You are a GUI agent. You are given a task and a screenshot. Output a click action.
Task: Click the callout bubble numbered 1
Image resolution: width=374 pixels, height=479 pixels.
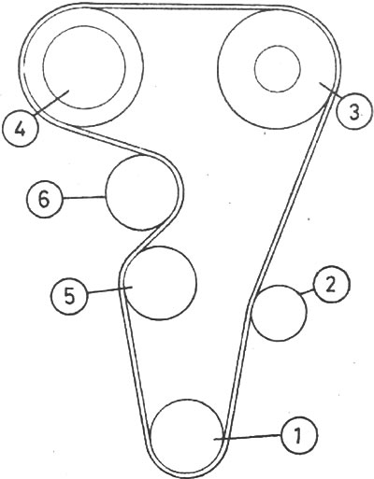click(299, 434)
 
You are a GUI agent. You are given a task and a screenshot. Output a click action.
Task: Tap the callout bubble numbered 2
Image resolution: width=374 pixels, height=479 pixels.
click(331, 284)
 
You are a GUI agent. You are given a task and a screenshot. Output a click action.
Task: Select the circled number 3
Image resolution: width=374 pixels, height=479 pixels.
click(354, 111)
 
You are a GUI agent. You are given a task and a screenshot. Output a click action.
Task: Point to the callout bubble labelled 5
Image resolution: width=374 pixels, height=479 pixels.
click(69, 295)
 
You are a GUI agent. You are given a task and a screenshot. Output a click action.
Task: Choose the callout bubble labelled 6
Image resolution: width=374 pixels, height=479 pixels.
click(44, 199)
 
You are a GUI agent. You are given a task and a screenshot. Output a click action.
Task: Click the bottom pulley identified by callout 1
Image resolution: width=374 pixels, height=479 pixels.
click(187, 435)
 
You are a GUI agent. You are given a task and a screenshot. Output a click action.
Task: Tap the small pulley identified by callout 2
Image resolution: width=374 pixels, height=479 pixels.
click(279, 313)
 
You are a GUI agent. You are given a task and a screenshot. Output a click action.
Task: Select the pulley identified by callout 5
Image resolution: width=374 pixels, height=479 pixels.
click(160, 282)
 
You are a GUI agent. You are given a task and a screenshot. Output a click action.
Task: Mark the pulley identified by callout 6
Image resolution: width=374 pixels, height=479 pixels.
click(142, 193)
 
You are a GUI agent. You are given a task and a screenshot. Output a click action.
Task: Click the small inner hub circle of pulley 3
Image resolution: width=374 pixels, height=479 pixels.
click(278, 69)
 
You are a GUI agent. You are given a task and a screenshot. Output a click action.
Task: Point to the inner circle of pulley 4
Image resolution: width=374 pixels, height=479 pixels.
click(84, 67)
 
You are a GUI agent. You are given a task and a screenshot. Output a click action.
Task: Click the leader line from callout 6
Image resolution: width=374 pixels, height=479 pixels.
click(84, 197)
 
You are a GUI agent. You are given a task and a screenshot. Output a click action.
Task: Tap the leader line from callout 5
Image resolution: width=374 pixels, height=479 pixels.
click(110, 289)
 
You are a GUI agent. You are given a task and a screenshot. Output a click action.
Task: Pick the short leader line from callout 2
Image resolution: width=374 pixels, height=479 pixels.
click(307, 291)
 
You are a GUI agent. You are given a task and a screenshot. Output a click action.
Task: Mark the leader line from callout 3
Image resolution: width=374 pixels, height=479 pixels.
click(330, 90)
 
